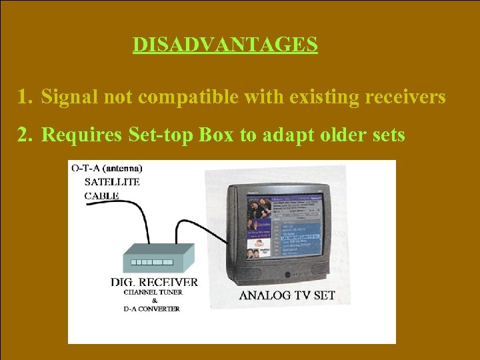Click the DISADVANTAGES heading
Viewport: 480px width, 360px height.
[225, 45]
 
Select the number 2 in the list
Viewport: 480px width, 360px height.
[25, 135]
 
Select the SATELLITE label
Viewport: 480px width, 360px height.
[112, 182]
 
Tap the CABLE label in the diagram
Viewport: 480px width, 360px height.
[101, 196]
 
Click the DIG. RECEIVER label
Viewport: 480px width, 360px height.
[154, 283]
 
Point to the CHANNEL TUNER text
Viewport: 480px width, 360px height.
[154, 292]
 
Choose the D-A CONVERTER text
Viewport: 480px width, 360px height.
[151, 309]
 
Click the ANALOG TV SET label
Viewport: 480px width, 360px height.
[287, 295]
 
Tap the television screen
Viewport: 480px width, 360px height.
[284, 227]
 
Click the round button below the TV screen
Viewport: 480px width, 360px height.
[288, 275]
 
